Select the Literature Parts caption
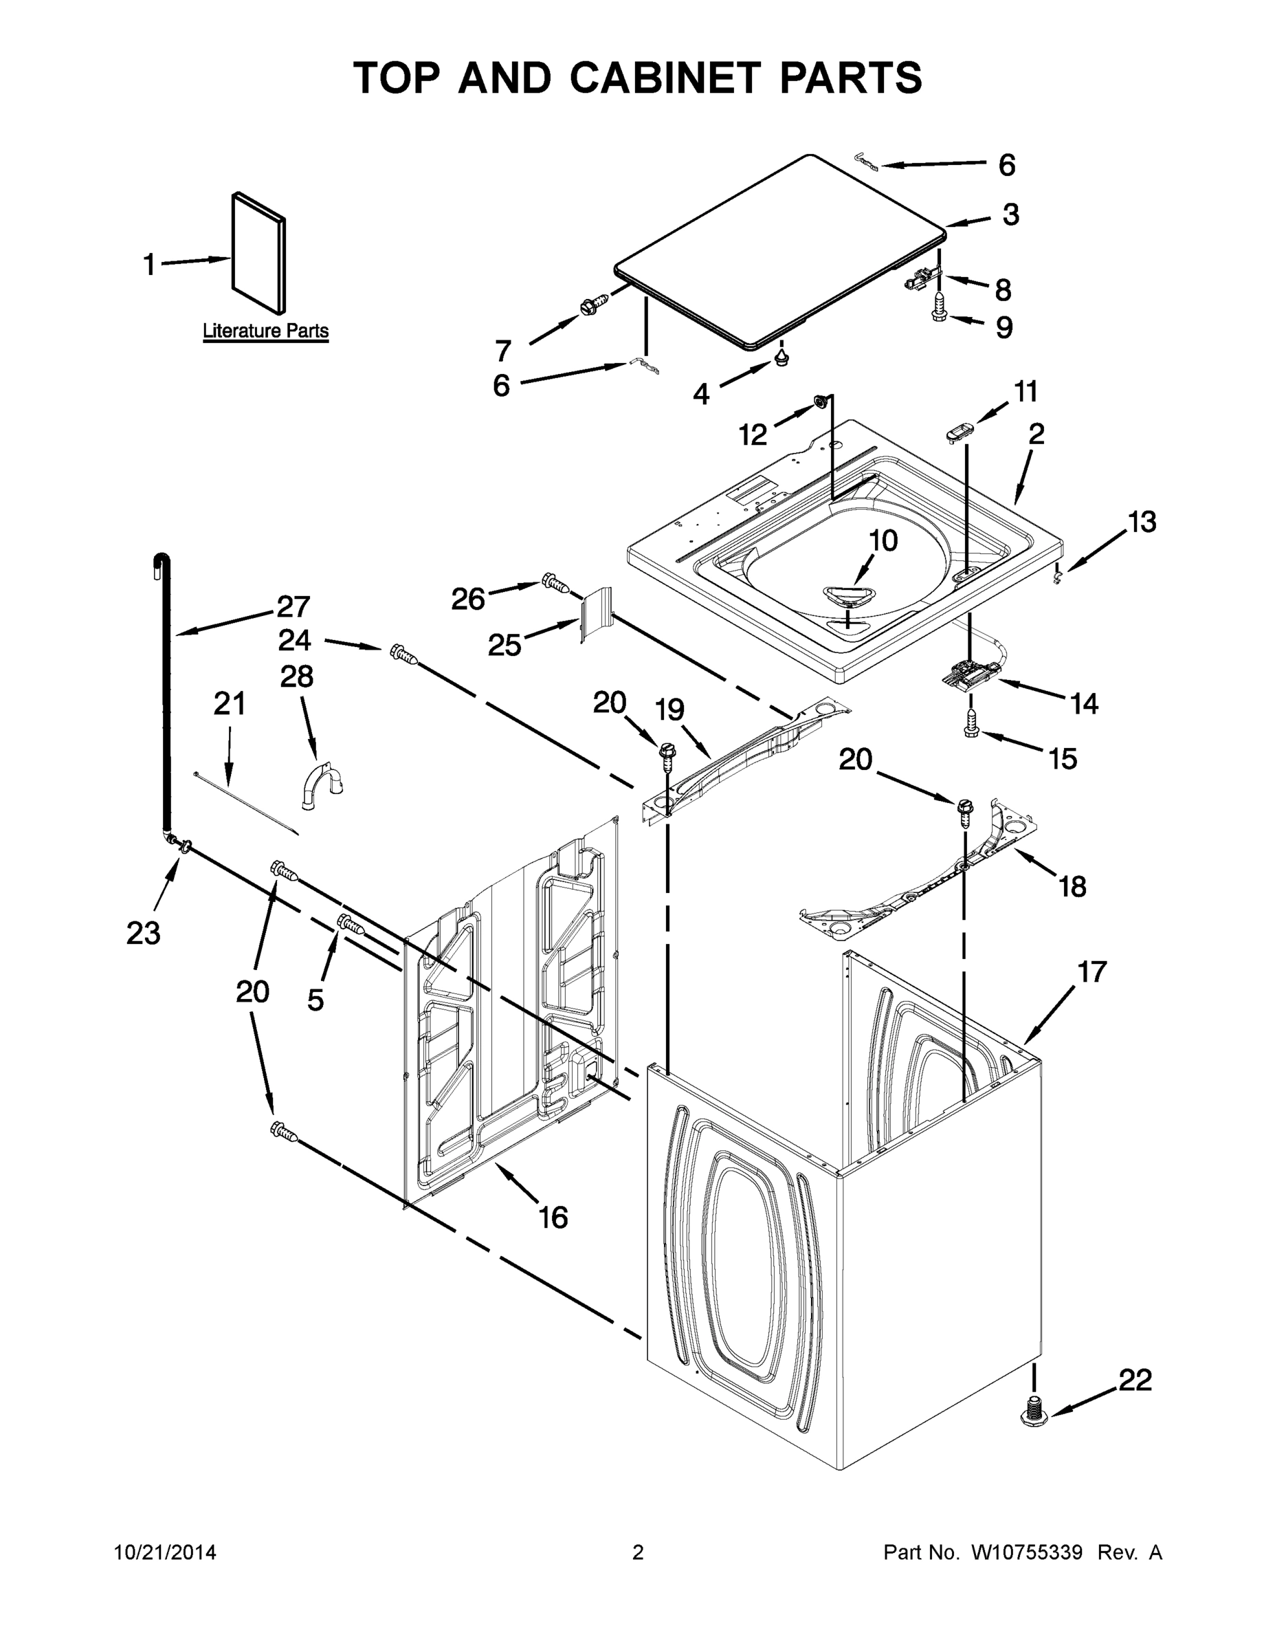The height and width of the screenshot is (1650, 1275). pyautogui.click(x=265, y=331)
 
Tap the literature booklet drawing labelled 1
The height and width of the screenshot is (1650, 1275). pyautogui.click(x=259, y=253)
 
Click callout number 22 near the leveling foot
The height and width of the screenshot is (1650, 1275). pyautogui.click(x=1135, y=1380)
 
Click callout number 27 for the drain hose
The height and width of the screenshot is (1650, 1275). pyautogui.click(x=293, y=606)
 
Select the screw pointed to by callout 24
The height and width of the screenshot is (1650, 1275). pyautogui.click(x=403, y=654)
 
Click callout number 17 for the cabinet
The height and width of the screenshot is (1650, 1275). pyautogui.click(x=1091, y=971)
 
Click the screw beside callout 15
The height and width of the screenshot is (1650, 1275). pyautogui.click(x=971, y=724)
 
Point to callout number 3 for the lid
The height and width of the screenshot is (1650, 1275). pyautogui.click(x=1010, y=214)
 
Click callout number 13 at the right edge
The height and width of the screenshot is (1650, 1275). pyautogui.click(x=1141, y=521)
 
